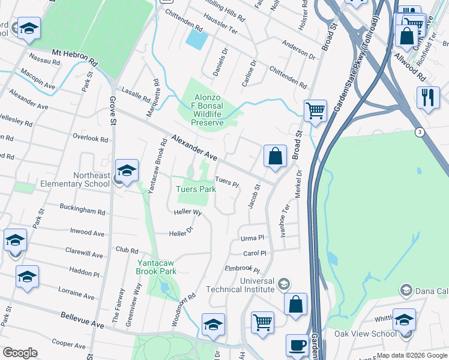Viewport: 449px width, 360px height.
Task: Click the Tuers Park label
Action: [x=196, y=189]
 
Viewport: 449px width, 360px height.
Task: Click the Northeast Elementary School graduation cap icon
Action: [x=127, y=172]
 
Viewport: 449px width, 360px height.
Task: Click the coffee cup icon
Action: [x=297, y=346]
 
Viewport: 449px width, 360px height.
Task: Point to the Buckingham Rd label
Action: [x=82, y=210]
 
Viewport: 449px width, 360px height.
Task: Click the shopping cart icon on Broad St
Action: [x=315, y=111]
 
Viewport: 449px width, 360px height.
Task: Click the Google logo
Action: [x=20, y=353]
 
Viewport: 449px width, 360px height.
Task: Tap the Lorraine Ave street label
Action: [x=76, y=293]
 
